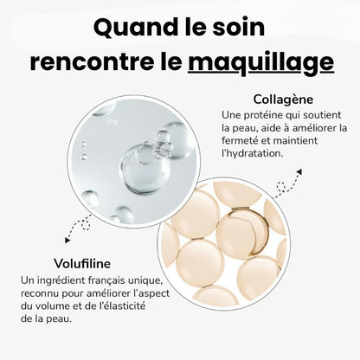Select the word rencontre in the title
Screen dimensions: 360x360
tap(86, 62)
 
